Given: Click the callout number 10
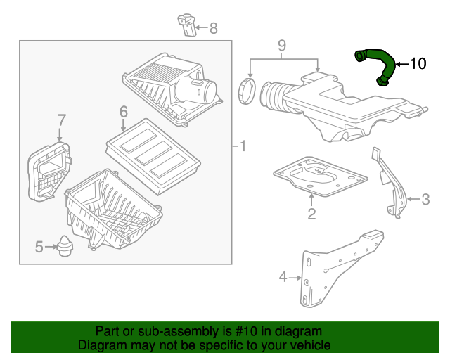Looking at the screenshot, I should (417, 64).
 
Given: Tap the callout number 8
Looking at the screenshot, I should (213, 29).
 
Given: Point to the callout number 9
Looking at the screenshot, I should (281, 46).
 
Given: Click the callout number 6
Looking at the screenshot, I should (123, 112).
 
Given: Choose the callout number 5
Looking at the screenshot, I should (39, 246).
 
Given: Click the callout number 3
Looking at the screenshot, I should (425, 200).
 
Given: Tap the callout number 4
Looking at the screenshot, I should (283, 277).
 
